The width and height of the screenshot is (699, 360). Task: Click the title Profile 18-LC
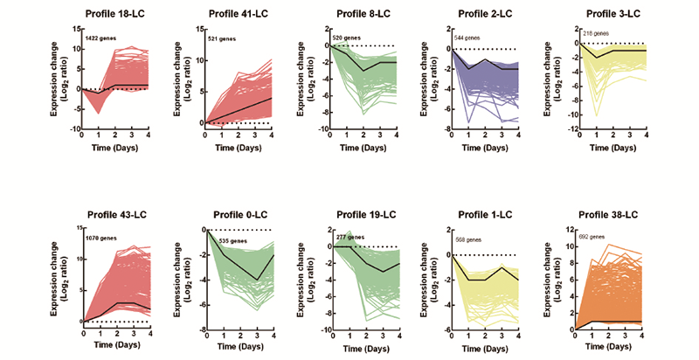118,14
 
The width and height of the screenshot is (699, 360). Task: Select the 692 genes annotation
597,238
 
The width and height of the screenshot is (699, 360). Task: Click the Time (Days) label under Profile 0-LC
242,349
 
